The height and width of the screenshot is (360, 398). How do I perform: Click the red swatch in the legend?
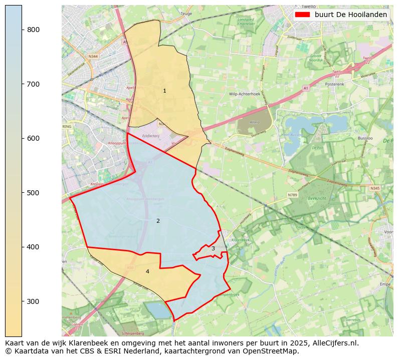(x=303, y=15)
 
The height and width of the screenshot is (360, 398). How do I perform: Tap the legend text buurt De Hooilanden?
(x=351, y=15)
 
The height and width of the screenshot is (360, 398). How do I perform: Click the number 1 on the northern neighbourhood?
(x=164, y=91)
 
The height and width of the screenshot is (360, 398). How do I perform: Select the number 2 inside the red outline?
(x=158, y=221)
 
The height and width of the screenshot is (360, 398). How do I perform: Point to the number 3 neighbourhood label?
(x=213, y=248)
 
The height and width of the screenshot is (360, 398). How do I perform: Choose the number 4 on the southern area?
(x=147, y=271)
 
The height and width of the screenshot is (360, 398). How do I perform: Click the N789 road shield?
(x=292, y=195)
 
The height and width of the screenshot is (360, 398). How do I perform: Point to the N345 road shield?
(x=375, y=188)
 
